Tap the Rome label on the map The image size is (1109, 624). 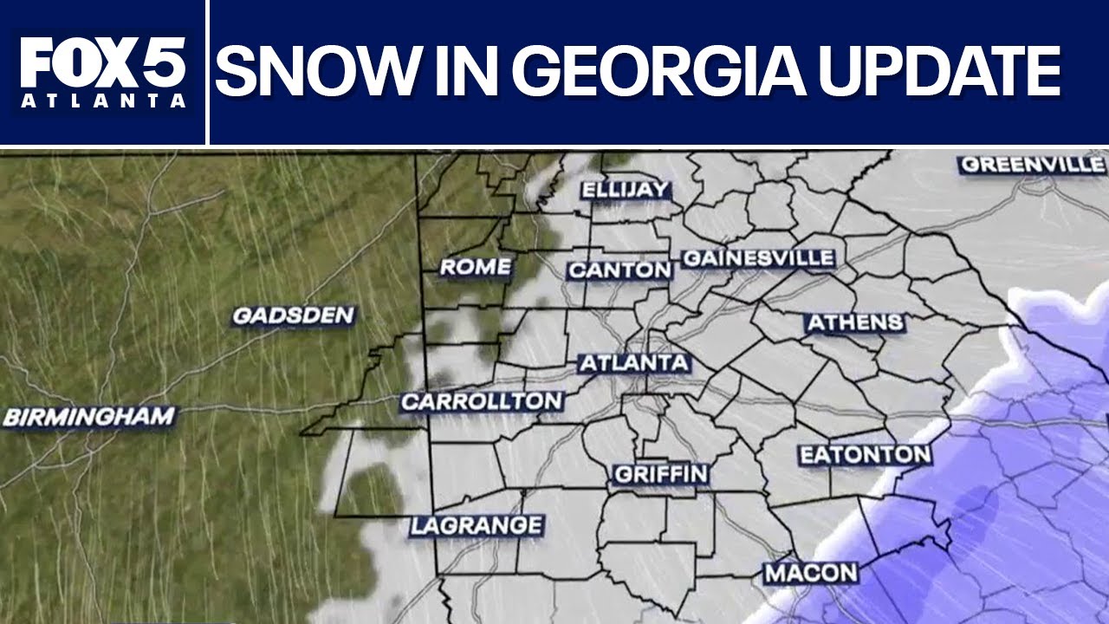click(x=476, y=267)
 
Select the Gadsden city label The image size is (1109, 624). click(x=294, y=315)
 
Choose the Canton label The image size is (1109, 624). click(x=619, y=270)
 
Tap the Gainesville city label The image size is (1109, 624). click(x=758, y=258)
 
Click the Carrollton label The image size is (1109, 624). click(x=482, y=401)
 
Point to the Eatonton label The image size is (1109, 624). click(x=865, y=454)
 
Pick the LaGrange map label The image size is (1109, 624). click(x=477, y=525)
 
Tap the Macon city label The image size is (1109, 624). click(x=811, y=573)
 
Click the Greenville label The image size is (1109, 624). click(x=1033, y=164)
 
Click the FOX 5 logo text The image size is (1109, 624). click(x=103, y=62)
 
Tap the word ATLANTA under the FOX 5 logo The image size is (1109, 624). click(x=103, y=101)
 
